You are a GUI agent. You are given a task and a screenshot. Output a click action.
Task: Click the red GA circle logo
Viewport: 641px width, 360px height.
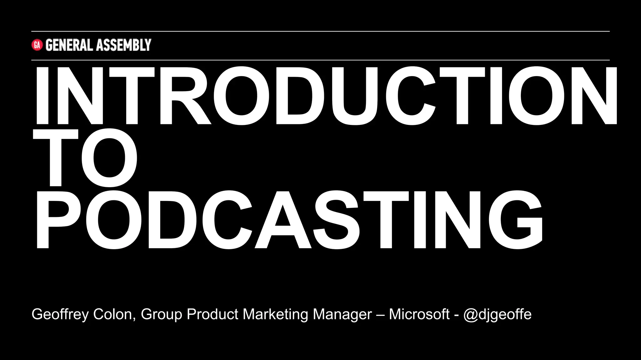[x=37, y=45]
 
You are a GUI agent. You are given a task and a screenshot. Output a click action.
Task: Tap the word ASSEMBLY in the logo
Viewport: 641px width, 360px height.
[x=124, y=45]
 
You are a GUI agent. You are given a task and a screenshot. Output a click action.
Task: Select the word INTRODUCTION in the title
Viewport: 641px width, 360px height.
[x=326, y=96]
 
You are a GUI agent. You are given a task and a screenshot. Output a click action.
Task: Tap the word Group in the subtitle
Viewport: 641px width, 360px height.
[x=161, y=314]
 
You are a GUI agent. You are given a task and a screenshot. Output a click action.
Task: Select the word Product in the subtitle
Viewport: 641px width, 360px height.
[x=213, y=314]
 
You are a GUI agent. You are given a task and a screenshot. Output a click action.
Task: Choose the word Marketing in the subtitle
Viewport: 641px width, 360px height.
[x=275, y=314]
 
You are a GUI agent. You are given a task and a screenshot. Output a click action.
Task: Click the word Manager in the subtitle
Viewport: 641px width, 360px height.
[x=342, y=314]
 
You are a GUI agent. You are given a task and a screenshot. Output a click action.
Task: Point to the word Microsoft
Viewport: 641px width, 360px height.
[x=419, y=314]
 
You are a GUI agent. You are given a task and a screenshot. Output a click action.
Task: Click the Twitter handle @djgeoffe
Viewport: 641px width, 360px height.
[x=497, y=314]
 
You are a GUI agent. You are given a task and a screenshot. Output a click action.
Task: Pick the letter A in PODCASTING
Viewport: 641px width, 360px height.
[x=283, y=220]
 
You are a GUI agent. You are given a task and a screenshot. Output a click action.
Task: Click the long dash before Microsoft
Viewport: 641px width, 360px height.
[x=380, y=315]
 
